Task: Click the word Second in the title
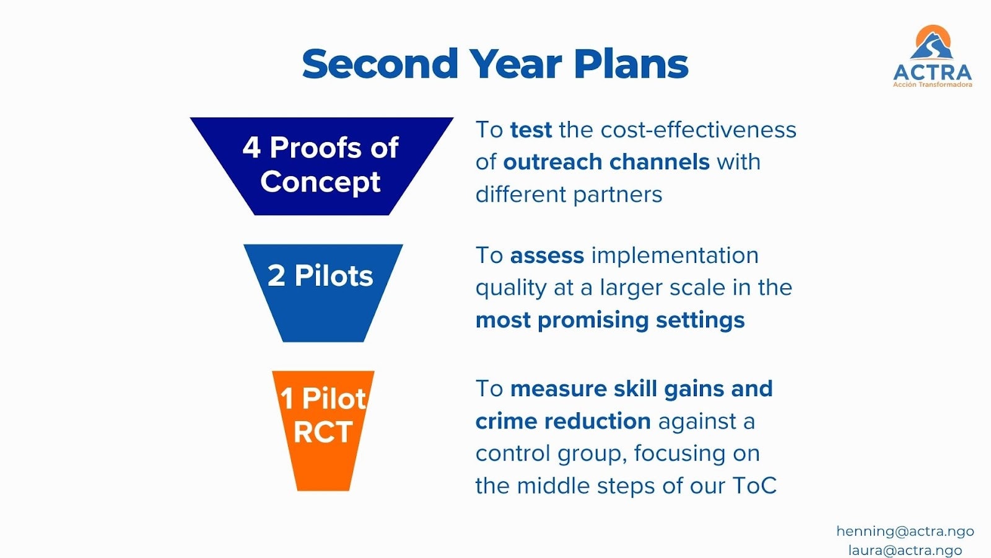[380, 64]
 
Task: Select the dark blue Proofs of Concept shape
[321, 166]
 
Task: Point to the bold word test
[531, 130]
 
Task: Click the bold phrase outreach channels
[606, 162]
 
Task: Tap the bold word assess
[547, 255]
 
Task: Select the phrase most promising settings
[610, 320]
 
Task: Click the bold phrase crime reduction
[563, 422]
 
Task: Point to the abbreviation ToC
[754, 486]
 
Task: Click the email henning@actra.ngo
[905, 531]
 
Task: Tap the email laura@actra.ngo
[905, 550]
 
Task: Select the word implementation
[675, 255]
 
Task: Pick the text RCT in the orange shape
[323, 432]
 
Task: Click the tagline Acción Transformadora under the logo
[932, 84]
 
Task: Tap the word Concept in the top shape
[320, 182]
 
